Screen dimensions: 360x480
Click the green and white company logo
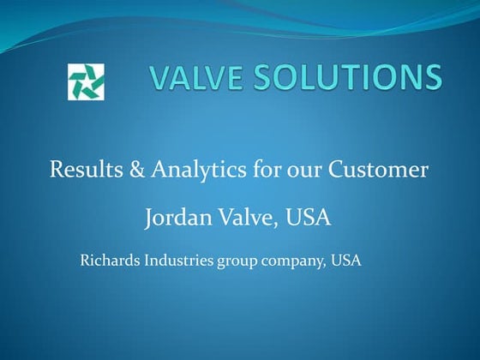coord(86,81)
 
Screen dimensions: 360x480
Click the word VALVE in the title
coord(190,79)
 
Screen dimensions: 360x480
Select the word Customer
coord(375,170)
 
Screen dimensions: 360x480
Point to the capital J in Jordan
coord(151,219)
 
